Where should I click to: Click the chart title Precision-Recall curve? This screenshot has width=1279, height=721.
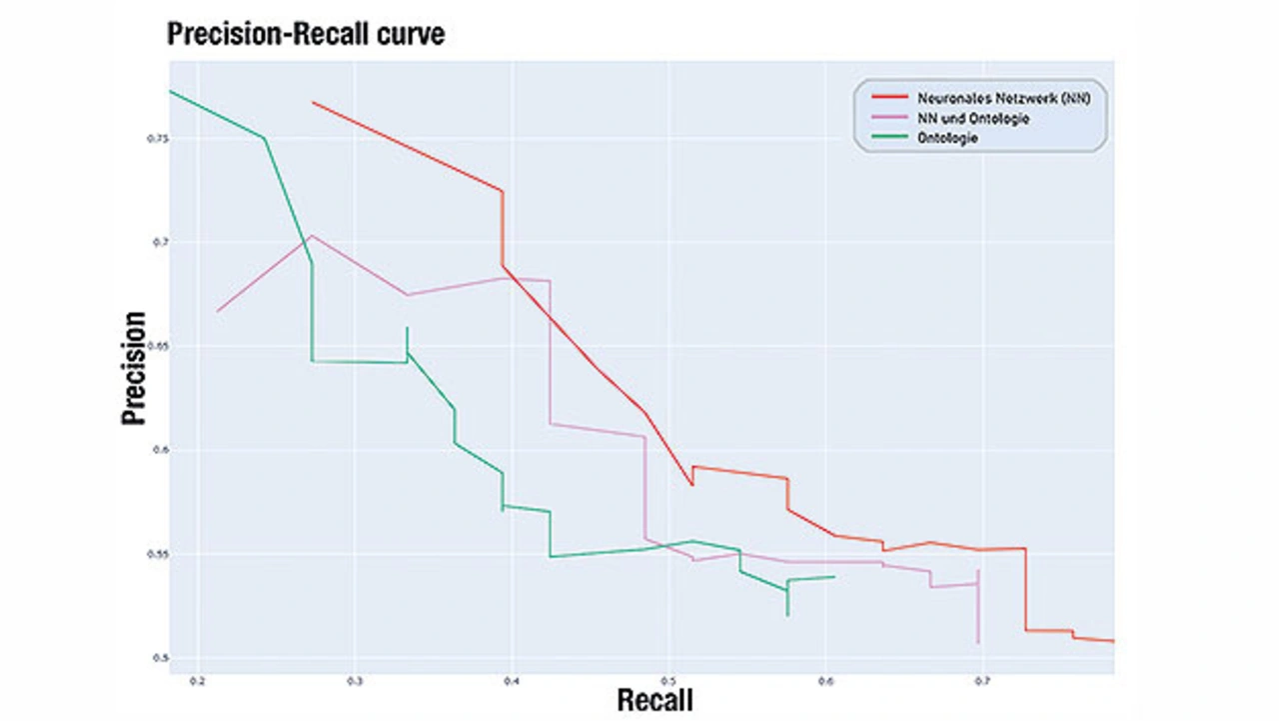pyautogui.click(x=306, y=35)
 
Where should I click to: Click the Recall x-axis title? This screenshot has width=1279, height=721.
pyautogui.click(x=654, y=699)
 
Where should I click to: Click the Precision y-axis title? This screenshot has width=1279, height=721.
pyautogui.click(x=135, y=367)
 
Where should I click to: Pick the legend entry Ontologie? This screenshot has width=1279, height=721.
pyautogui.click(x=947, y=138)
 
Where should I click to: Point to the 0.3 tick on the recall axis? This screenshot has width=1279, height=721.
pyautogui.click(x=355, y=682)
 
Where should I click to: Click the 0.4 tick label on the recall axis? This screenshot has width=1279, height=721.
pyautogui.click(x=512, y=682)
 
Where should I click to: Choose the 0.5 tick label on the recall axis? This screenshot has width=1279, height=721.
pyautogui.click(x=668, y=682)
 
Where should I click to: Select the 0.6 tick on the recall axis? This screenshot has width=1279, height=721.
pyautogui.click(x=825, y=682)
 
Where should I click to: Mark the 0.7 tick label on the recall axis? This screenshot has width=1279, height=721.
pyautogui.click(x=982, y=682)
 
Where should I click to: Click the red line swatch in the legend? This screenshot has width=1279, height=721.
pyautogui.click(x=889, y=97)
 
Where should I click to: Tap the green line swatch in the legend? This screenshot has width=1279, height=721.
pyautogui.click(x=889, y=138)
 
